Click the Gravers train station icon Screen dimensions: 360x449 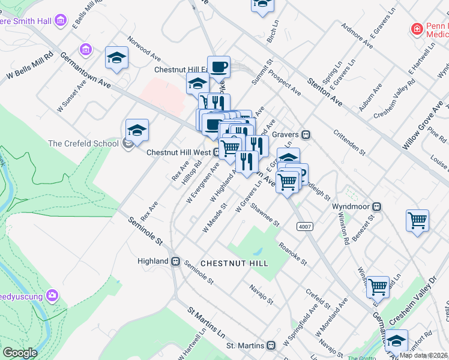[x=306, y=134]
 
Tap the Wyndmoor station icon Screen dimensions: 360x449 [x=376, y=206]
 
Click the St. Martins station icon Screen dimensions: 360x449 [x=271, y=346]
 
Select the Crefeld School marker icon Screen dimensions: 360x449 [x=127, y=143]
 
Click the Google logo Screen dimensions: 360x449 [x=20, y=353]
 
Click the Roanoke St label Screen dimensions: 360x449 [x=293, y=254]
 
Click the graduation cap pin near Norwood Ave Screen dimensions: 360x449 [x=116, y=58]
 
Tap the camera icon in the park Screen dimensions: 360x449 [x=53, y=295]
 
